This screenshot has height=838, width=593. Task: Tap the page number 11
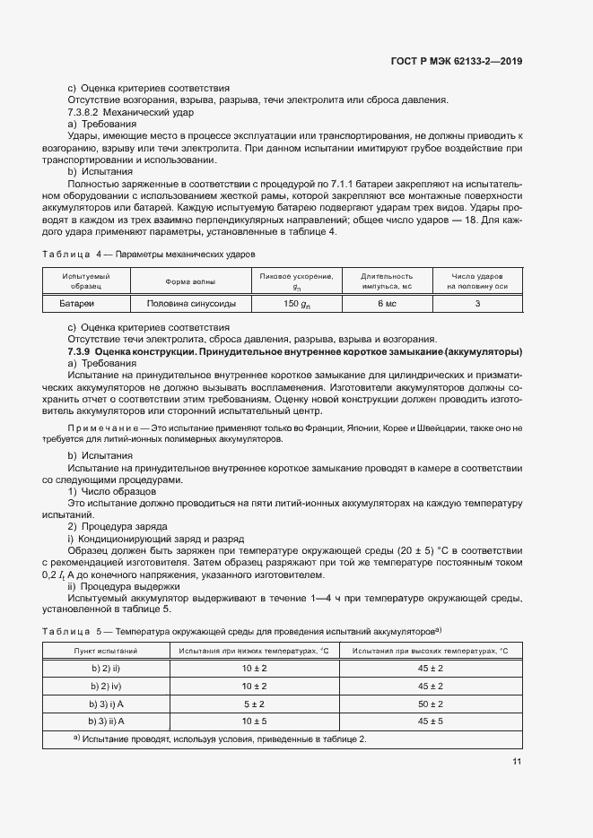tap(516, 761)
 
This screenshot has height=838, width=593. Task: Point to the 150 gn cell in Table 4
tap(296, 305)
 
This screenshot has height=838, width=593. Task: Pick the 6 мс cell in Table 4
tap(387, 305)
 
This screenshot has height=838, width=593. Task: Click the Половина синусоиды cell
tap(190, 305)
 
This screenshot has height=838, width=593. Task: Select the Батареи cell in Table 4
tap(86, 305)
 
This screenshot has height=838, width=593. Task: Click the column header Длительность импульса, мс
tap(387, 281)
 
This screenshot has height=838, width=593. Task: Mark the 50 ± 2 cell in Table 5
tap(431, 704)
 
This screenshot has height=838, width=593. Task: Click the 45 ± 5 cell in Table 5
tap(431, 721)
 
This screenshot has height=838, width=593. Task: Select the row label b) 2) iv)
tap(106, 687)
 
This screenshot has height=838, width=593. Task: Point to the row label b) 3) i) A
tap(106, 704)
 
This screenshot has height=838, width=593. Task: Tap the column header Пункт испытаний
tap(106, 651)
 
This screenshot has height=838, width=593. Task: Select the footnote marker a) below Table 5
tap(77, 738)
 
